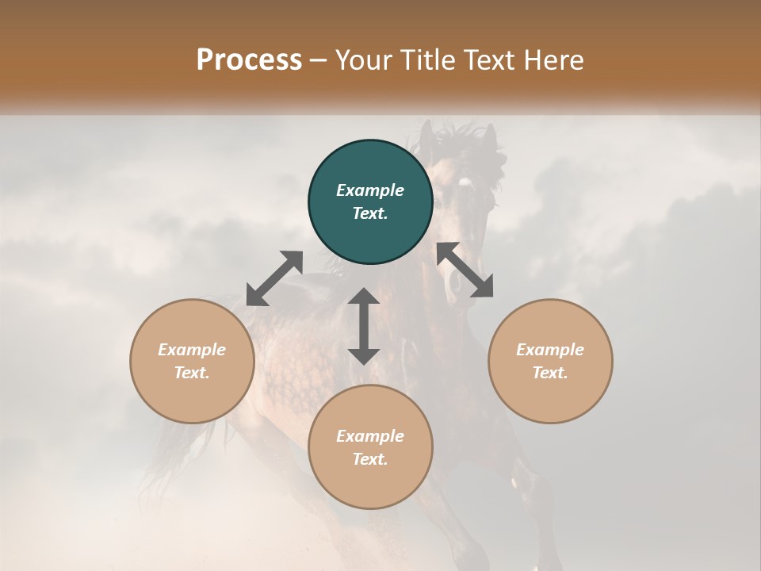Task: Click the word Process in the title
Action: tap(249, 59)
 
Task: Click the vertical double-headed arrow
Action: tap(364, 326)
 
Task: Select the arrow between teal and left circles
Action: tap(274, 278)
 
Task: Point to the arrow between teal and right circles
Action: tap(465, 270)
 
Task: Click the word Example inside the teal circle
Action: tap(370, 190)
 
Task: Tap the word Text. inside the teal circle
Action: tap(370, 213)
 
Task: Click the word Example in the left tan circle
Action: tap(192, 350)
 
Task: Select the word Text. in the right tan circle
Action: tap(550, 373)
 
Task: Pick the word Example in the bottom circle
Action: tap(370, 436)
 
